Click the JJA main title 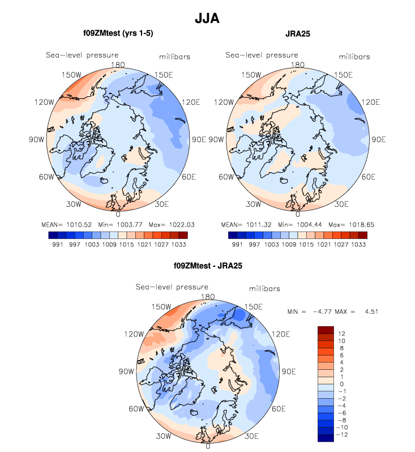[207, 19]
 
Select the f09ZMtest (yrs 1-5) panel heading [117, 34]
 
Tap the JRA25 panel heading [298, 34]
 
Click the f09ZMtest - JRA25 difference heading [208, 265]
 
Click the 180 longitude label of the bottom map [208, 296]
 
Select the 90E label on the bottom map [289, 372]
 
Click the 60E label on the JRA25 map [368, 177]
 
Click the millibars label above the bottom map [265, 289]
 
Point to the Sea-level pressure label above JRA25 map [262, 55]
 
